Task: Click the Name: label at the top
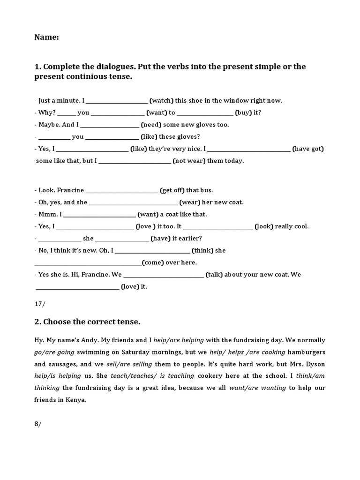coord(46,38)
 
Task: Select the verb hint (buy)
coord(244,112)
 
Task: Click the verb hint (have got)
coord(308,149)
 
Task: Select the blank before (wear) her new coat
coord(133,203)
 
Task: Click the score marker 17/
coord(40,304)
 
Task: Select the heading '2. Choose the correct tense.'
coord(88,322)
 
